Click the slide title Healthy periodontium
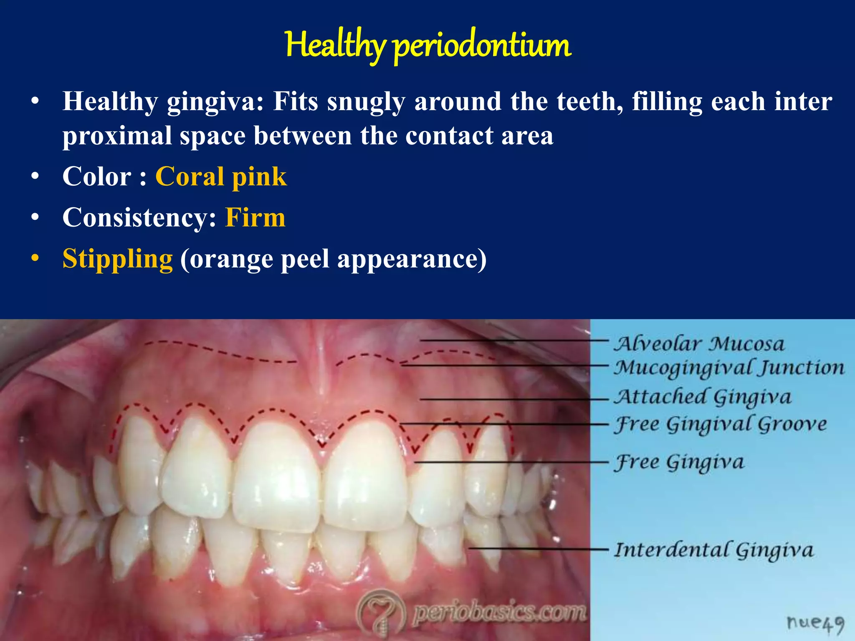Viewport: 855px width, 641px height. tap(428, 45)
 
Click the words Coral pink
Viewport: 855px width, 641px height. tap(221, 177)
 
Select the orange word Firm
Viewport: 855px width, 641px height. tap(255, 217)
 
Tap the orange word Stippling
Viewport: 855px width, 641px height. tap(117, 259)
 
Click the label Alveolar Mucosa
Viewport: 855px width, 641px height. tap(699, 344)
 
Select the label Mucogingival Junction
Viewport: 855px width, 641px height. tap(729, 368)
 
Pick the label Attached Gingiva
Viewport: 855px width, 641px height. tap(702, 397)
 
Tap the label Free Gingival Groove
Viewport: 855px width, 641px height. tap(720, 424)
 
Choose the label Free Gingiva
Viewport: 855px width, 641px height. tap(679, 463)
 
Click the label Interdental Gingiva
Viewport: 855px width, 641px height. tap(714, 550)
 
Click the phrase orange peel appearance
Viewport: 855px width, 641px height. tap(333, 259)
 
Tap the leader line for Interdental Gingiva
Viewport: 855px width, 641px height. tap(539, 548)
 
